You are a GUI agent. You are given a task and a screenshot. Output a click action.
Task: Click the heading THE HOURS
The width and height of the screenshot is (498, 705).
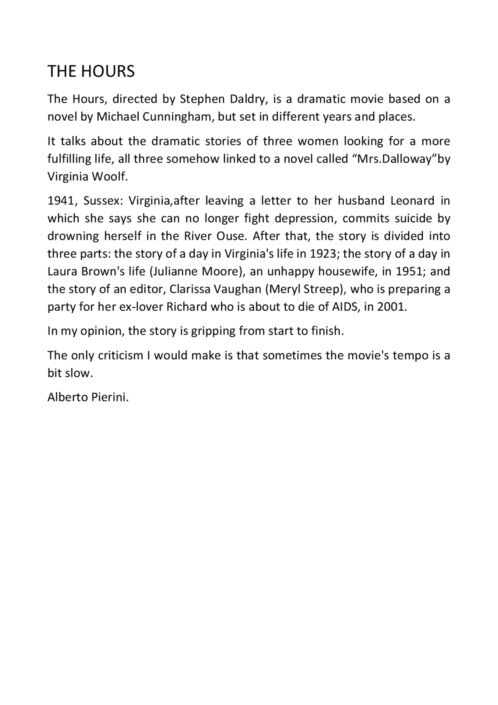(91, 71)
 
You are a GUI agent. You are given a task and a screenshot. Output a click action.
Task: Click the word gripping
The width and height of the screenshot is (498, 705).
(213, 331)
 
